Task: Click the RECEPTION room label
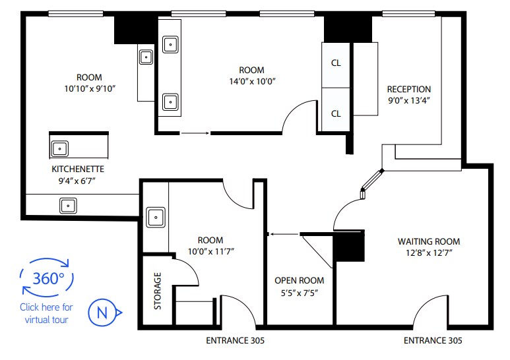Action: point(408,90)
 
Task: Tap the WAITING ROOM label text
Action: point(429,241)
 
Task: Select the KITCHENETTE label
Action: point(78,169)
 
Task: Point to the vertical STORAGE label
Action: point(158,291)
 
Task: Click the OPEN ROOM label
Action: point(299,280)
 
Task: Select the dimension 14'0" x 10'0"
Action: point(251,82)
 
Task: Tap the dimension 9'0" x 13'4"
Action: point(408,101)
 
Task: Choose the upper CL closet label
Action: point(336,63)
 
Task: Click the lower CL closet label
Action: point(336,113)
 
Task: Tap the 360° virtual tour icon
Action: point(48,277)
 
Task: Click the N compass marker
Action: point(103,312)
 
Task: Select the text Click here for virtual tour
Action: point(47,313)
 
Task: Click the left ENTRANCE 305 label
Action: point(236,341)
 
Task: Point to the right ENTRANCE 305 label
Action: point(433,341)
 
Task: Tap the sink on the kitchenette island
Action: point(60,148)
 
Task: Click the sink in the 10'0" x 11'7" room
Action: point(156,216)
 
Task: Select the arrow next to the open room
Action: point(284,233)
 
